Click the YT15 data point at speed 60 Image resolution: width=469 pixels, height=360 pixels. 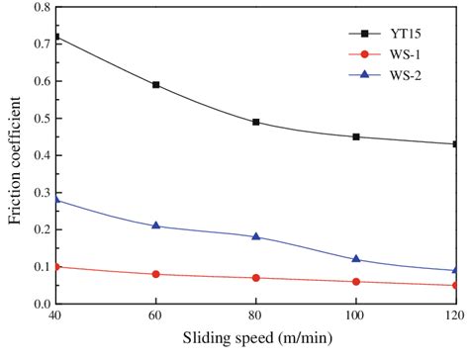click(156, 85)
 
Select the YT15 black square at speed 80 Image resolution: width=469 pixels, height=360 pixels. click(256, 122)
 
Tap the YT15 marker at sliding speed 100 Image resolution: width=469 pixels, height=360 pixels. click(356, 136)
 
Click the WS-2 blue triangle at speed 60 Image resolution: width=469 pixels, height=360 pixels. click(156, 225)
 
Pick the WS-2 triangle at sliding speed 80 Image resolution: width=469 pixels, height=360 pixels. click(256, 236)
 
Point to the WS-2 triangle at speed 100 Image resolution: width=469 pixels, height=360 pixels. click(356, 259)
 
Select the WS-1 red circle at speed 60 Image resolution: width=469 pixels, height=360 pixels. click(156, 274)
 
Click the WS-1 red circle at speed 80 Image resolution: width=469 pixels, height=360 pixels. click(256, 278)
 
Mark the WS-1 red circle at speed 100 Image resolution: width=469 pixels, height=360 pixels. click(356, 282)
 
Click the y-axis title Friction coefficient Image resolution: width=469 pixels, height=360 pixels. click(16, 153)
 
